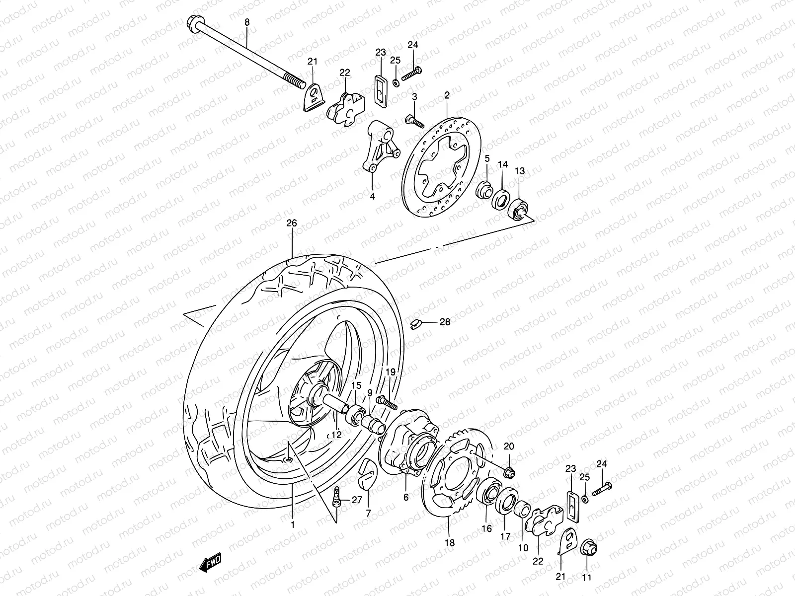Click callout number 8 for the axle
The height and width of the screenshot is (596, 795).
click(x=246, y=22)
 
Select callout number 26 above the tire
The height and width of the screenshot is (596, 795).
click(x=292, y=223)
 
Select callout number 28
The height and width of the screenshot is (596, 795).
click(x=445, y=322)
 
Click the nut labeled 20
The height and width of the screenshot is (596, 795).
click(x=509, y=471)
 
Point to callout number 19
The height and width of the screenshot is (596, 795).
click(x=391, y=372)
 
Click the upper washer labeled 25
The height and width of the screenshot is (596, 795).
click(x=395, y=82)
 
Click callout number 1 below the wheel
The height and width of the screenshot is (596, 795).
click(x=293, y=524)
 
